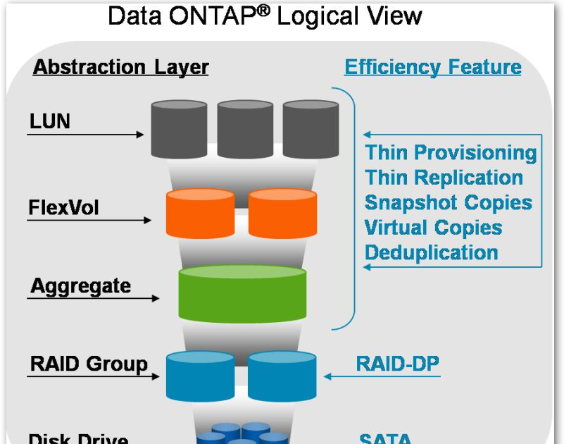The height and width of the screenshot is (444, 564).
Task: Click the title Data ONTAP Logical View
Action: pyautogui.click(x=265, y=16)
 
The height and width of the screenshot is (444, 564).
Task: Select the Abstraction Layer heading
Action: pyautogui.click(x=121, y=68)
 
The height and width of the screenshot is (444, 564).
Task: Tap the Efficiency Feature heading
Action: pyautogui.click(x=432, y=68)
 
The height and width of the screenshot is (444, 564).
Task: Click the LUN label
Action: pyautogui.click(x=50, y=122)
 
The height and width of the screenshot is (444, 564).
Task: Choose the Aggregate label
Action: pyautogui.click(x=80, y=286)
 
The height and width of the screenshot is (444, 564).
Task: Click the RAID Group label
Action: pyautogui.click(x=89, y=364)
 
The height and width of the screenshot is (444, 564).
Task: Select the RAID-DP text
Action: pyautogui.click(x=397, y=364)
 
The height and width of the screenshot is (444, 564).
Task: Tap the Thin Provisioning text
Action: pyautogui.click(x=451, y=152)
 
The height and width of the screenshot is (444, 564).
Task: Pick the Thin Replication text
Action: pyautogui.click(x=444, y=178)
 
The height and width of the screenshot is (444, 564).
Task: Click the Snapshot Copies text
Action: pyautogui.click(x=448, y=202)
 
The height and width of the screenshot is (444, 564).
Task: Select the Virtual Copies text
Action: pyautogui.click(x=433, y=228)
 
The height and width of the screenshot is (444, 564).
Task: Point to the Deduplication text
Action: pyautogui.click(x=431, y=252)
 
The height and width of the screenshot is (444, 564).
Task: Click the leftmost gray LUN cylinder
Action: pyautogui.click(x=180, y=130)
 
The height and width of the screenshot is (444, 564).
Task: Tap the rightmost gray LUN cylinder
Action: pyautogui.click(x=311, y=130)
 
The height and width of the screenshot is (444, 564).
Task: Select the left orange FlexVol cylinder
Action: pyautogui.click(x=200, y=214)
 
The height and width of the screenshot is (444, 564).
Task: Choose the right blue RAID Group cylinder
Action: pyautogui.click(x=282, y=376)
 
